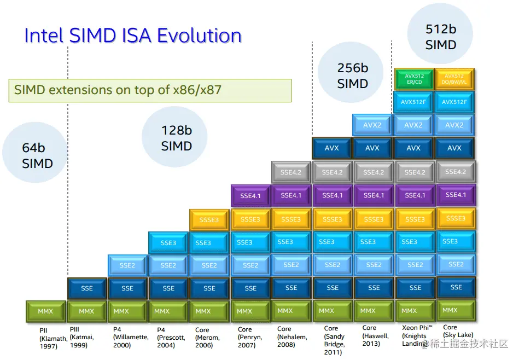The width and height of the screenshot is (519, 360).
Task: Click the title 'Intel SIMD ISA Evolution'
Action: tap(133, 36)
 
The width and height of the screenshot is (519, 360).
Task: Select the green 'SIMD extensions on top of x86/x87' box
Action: tap(150, 90)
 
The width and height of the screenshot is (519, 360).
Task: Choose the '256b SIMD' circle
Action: tap(352, 76)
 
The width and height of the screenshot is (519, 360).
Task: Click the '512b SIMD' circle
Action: tap(440, 37)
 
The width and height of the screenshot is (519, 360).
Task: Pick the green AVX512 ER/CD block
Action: tap(413, 79)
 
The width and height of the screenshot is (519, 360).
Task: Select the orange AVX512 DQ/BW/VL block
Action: tap(454, 79)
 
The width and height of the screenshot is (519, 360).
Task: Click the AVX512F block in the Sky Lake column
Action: tap(454, 102)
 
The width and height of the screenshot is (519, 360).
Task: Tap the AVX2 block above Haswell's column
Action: tap(372, 125)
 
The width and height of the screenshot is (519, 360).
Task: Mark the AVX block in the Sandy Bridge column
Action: tap(332, 148)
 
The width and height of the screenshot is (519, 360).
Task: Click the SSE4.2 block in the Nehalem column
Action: tap(291, 172)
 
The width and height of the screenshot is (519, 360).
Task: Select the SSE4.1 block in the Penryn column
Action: tap(250, 195)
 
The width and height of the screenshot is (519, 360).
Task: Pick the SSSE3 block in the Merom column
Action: tap(209, 219)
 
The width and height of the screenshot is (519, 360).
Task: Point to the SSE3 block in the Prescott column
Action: tap(168, 242)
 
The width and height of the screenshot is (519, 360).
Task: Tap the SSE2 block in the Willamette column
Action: tap(127, 265)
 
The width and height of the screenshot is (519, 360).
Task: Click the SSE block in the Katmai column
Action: tap(86, 288)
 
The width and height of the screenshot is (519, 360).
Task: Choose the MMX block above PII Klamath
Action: tap(45, 311)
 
